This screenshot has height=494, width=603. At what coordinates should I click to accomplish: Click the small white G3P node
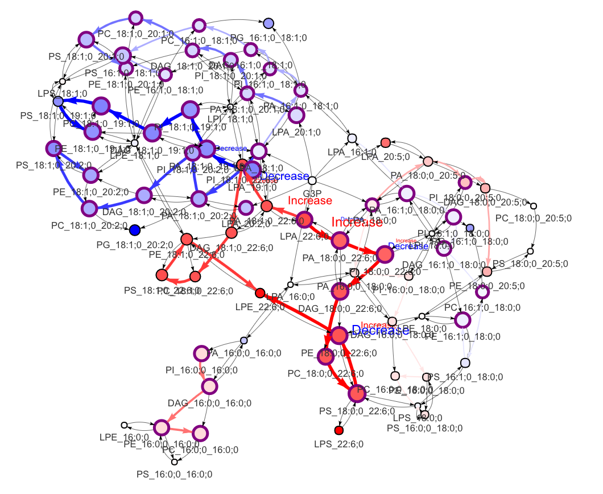click(312, 180)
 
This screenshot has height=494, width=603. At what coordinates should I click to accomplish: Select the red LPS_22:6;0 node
click(338, 430)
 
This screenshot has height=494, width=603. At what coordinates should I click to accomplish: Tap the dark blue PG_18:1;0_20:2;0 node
click(134, 230)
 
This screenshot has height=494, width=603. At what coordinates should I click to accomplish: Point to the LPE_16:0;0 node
click(124, 425)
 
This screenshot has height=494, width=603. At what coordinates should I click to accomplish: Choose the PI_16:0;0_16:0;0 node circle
click(201, 353)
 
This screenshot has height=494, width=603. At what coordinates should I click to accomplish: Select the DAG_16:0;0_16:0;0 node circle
click(209, 386)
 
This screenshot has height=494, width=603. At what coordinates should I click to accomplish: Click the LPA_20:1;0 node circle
click(296, 115)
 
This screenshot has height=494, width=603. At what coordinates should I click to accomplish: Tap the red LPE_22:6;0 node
click(260, 293)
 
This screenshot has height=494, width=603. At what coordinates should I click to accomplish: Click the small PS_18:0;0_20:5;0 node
click(530, 251)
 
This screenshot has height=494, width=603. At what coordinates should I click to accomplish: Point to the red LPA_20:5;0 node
click(385, 142)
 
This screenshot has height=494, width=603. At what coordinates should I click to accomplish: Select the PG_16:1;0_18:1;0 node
click(269, 23)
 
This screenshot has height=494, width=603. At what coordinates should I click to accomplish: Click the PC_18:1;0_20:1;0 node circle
click(135, 18)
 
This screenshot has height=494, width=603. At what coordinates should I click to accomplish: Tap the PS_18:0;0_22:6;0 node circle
click(357, 393)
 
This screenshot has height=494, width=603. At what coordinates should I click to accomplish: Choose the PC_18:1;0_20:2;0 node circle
click(89, 209)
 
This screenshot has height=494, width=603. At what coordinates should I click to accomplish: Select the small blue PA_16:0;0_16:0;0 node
click(244, 340)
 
